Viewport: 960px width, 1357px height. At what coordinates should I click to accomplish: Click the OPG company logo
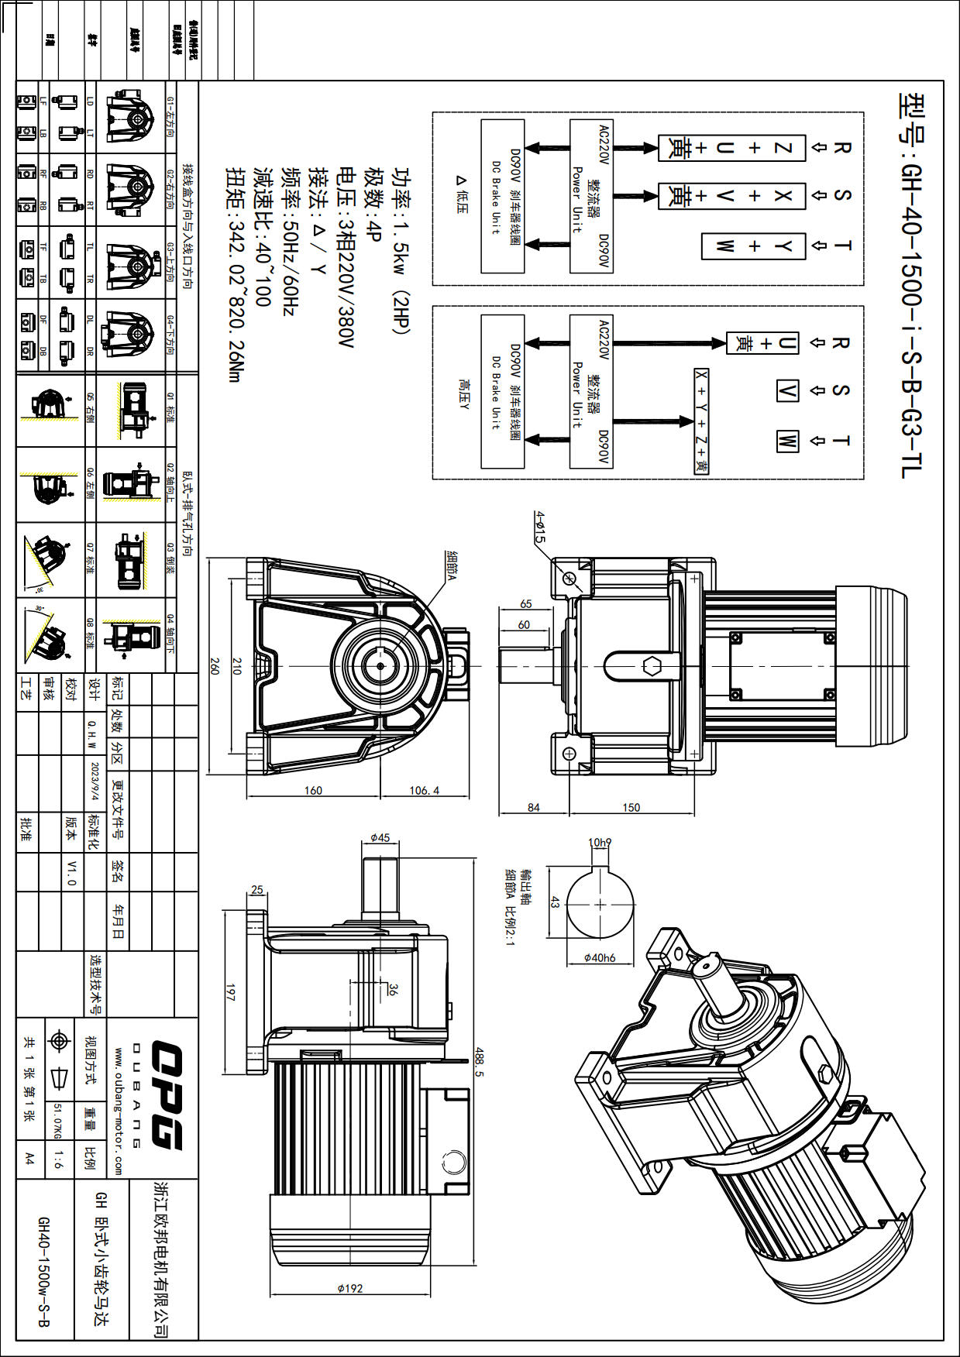166,1096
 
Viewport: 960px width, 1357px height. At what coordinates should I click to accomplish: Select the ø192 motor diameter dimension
350,1288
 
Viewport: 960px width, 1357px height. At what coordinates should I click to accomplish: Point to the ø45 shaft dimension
380,838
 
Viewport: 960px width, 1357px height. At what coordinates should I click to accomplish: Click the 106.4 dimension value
424,790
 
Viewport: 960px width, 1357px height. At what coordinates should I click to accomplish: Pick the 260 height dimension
215,666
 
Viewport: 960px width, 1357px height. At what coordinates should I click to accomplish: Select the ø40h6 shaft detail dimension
600,958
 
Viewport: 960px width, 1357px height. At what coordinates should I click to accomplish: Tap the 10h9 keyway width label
600,843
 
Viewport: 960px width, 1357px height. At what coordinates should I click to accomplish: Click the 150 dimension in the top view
631,807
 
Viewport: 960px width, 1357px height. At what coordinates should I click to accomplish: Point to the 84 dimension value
534,807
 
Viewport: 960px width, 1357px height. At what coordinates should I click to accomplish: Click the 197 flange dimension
230,992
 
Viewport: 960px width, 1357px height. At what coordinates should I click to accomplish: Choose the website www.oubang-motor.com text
119,1111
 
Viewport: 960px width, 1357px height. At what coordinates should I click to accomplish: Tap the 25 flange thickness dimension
257,890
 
